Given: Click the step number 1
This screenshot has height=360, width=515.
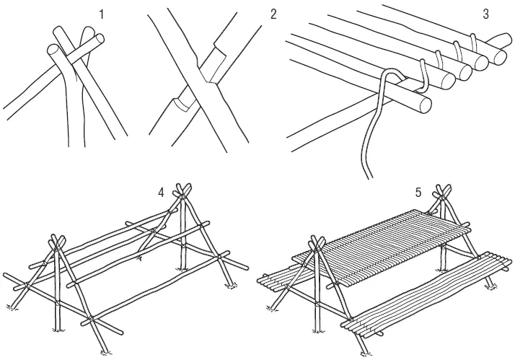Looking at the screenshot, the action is [x=102, y=14].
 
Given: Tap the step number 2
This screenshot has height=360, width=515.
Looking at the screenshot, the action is [x=273, y=14].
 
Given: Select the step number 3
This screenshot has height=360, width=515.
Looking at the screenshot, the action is [x=485, y=14].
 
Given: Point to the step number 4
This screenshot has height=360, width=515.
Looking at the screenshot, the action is [x=161, y=193].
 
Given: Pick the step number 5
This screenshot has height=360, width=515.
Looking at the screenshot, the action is [x=418, y=193].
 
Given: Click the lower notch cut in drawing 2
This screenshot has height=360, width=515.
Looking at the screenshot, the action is [x=185, y=102].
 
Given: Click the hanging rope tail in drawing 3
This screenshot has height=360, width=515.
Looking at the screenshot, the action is [x=371, y=141].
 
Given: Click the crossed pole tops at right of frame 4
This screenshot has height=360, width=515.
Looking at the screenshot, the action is [x=184, y=190].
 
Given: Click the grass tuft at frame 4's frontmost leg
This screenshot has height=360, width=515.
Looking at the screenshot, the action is [x=105, y=353].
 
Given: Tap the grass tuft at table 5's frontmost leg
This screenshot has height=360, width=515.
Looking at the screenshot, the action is [x=365, y=353].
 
